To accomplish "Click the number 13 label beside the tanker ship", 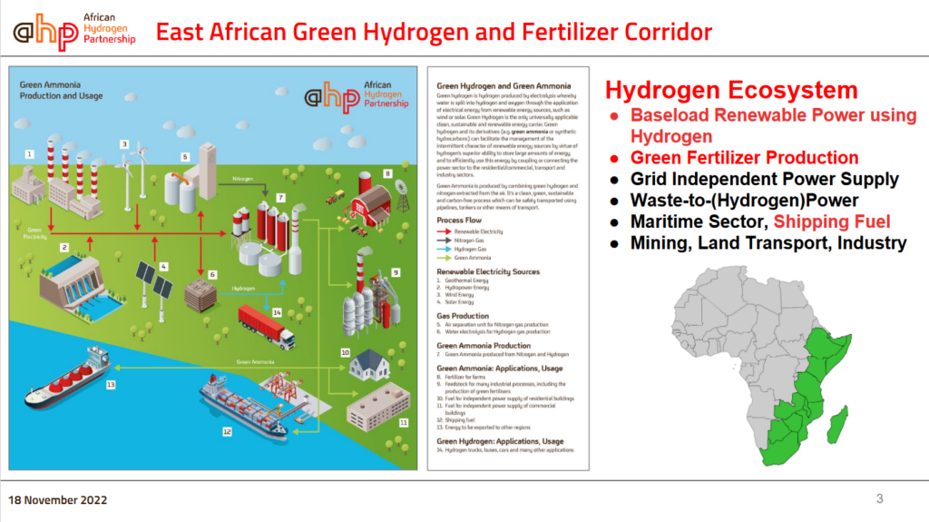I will pyautogui.click(x=111, y=384).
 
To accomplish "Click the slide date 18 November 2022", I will pyautogui.click(x=58, y=499).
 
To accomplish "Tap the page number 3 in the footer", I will pyautogui.click(x=879, y=498).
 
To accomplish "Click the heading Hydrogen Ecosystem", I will pyautogui.click(x=731, y=91).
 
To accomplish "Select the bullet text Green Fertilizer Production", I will pyautogui.click(x=745, y=157).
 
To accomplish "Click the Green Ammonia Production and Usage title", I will pyautogui.click(x=62, y=91).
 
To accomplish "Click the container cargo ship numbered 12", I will pyautogui.click(x=241, y=402).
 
